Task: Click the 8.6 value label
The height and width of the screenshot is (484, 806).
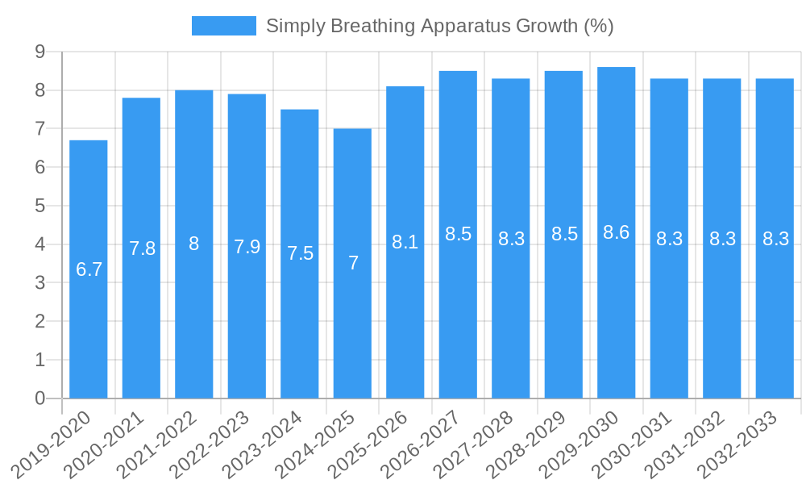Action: [x=617, y=232]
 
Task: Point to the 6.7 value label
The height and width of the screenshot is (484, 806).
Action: [x=89, y=269]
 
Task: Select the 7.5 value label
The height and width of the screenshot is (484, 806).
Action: [x=300, y=253]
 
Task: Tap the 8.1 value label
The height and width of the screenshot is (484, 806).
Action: [x=405, y=242]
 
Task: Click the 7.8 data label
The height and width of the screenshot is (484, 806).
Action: [x=142, y=248]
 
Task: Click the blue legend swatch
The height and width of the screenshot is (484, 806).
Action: [x=223, y=26]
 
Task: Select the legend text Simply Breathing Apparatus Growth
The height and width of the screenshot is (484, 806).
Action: [x=439, y=26]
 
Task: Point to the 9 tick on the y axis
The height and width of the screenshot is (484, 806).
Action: [x=39, y=52]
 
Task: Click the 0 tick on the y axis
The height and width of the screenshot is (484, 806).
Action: [x=39, y=398]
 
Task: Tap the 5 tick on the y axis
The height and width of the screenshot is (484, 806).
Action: [x=39, y=206]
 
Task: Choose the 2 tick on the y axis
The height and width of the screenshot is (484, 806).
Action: [x=39, y=321]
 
